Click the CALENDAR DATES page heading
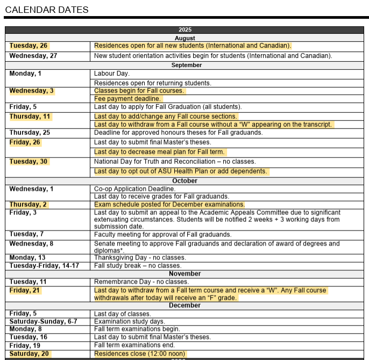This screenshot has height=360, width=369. coord(47,10)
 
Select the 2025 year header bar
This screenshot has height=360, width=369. coord(184,30)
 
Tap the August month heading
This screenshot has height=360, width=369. coord(184,38)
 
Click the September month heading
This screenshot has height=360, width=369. coord(187,65)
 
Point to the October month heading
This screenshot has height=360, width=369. coord(184,181)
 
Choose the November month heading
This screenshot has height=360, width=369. coord(184,274)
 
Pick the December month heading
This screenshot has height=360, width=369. coord(184,305)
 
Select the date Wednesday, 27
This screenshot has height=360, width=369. coord(33,55)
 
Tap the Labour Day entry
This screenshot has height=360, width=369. coord(112,73)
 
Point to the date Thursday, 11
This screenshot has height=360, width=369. coord(30,117)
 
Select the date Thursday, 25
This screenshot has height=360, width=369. coord(30,133)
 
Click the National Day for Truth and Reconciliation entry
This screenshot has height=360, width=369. coord(175,162)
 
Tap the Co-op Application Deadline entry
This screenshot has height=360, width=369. coord(134,189)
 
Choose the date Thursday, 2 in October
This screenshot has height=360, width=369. coord(28,205)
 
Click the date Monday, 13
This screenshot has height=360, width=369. coord(27,258)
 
